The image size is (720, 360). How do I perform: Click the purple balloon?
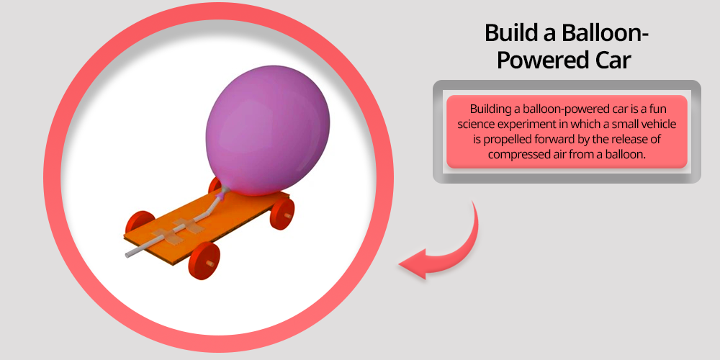point(268,130)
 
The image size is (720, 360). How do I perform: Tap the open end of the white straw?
point(127,255)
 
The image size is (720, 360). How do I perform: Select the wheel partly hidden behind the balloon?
point(215,186)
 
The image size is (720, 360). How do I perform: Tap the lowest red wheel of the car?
point(204,261)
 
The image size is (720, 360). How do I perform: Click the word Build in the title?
point(510,34)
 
